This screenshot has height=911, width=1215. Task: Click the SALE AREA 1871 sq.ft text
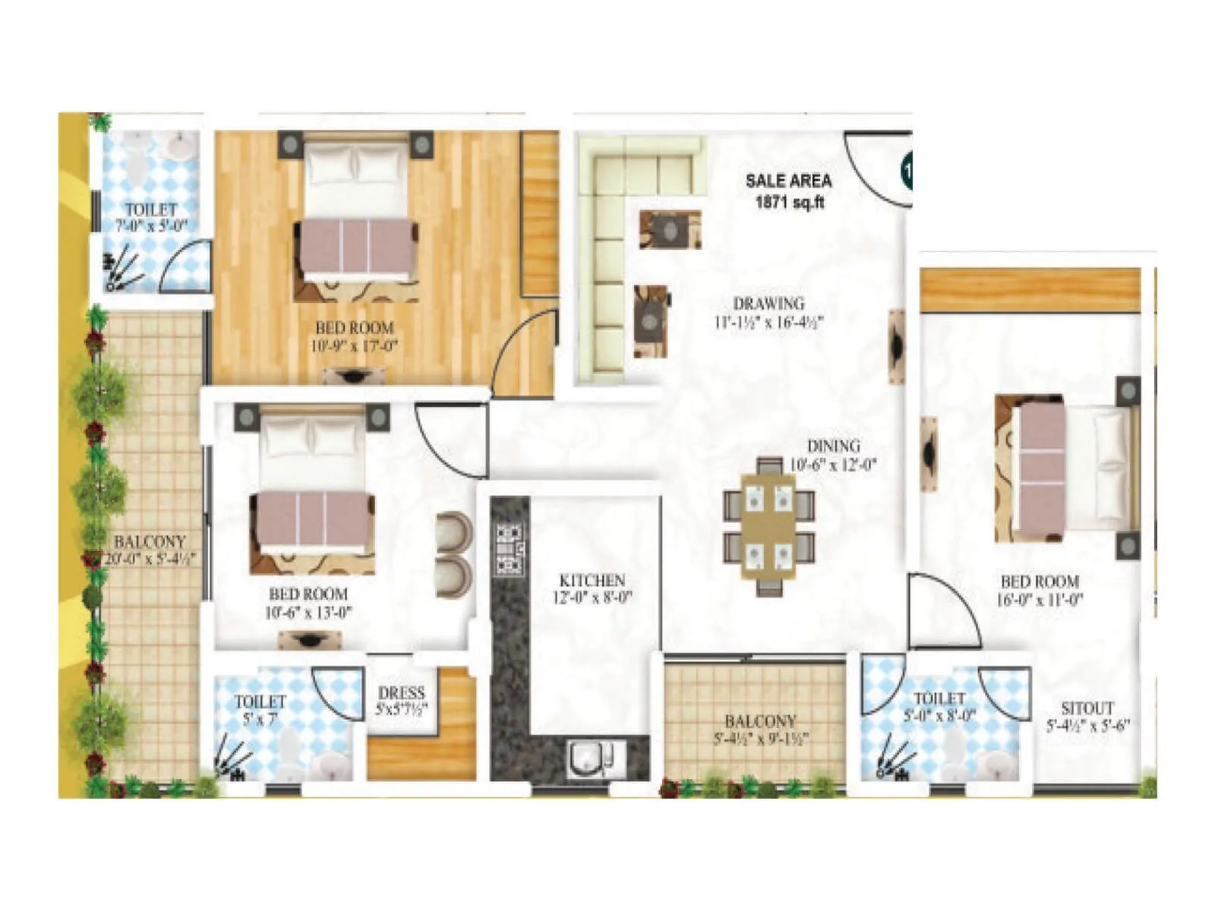[788, 191]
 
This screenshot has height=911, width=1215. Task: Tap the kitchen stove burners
[510, 547]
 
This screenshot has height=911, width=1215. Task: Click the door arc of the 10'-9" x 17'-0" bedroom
[524, 349]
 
